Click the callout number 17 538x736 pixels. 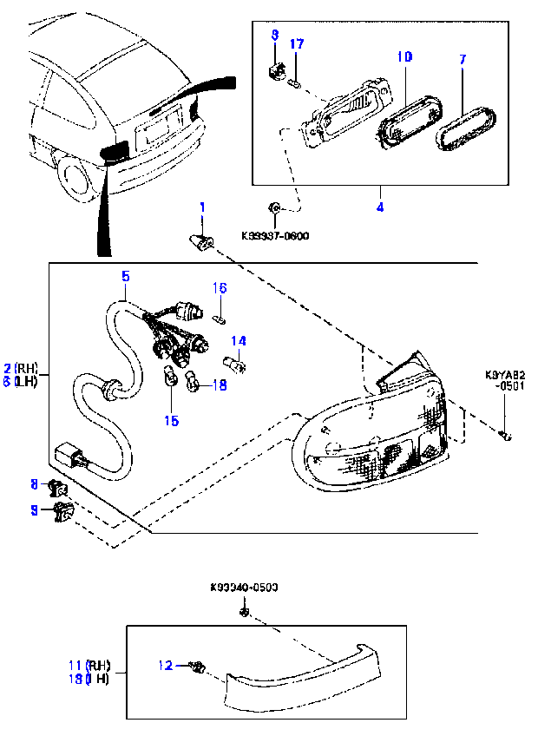(296, 44)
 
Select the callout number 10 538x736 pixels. (403, 57)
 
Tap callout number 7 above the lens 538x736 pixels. (463, 59)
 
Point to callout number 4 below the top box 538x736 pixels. (380, 207)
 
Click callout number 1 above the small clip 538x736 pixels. (202, 208)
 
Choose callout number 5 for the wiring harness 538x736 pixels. (126, 276)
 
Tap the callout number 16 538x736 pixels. (220, 288)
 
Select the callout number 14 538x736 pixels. (238, 341)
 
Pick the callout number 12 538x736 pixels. (165, 666)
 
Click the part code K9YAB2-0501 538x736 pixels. (504, 383)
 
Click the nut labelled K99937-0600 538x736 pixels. (274, 207)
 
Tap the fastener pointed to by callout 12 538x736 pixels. (197, 667)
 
